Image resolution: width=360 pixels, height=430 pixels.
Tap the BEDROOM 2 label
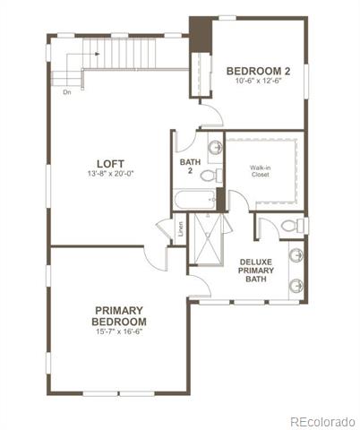(258, 71)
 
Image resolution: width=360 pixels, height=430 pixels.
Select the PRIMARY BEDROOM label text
(119, 316)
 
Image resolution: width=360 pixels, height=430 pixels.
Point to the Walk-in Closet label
(261, 171)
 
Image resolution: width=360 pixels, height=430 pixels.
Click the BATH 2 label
(190, 166)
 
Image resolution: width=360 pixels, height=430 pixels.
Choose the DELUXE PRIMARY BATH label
(256, 271)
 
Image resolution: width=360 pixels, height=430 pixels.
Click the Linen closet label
(181, 228)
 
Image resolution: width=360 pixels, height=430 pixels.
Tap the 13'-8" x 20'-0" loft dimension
(110, 174)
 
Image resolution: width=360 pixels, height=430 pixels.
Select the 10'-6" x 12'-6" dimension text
(259, 81)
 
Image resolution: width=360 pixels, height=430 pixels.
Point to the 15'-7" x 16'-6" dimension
(119, 331)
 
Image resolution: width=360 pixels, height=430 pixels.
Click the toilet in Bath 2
(211, 175)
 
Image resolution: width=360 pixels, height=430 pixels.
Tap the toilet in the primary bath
(294, 226)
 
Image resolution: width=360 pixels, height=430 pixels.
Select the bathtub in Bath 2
(194, 200)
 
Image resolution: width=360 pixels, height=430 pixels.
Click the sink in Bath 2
(215, 147)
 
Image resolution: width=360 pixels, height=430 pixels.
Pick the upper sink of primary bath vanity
(296, 255)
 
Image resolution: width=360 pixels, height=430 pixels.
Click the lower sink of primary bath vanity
(296, 286)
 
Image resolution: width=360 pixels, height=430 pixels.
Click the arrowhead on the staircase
(98, 54)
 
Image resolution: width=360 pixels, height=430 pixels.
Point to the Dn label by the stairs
(67, 92)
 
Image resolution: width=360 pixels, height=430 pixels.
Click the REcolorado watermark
(323, 422)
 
